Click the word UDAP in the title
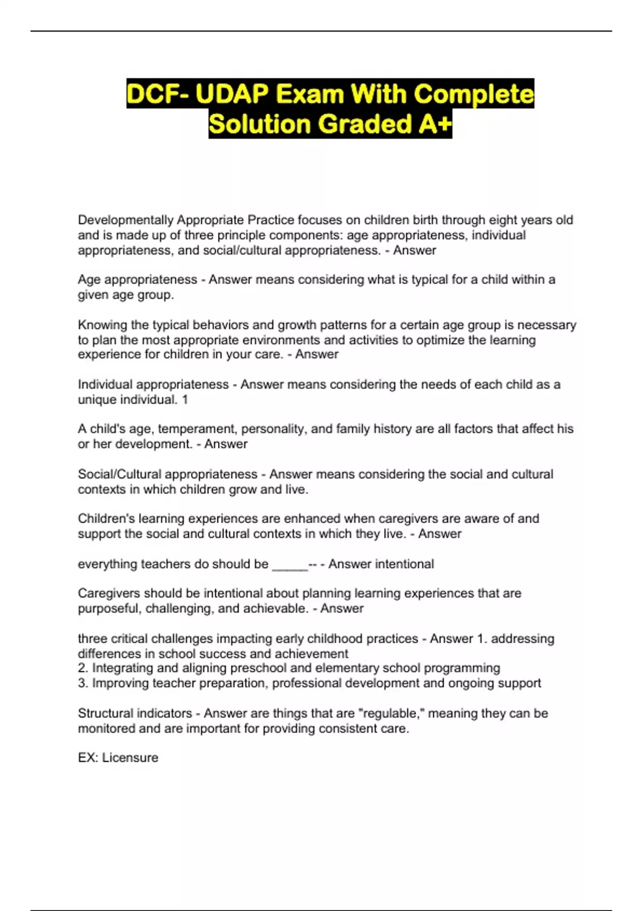pyautogui.click(x=231, y=94)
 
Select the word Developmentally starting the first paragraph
pyautogui.click(x=125, y=220)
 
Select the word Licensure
pyautogui.click(x=130, y=758)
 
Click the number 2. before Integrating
pyautogui.click(x=83, y=668)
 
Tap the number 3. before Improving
pyautogui.click(x=83, y=683)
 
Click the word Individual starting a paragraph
pyautogui.click(x=105, y=385)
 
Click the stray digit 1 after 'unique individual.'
pyautogui.click(x=185, y=400)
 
